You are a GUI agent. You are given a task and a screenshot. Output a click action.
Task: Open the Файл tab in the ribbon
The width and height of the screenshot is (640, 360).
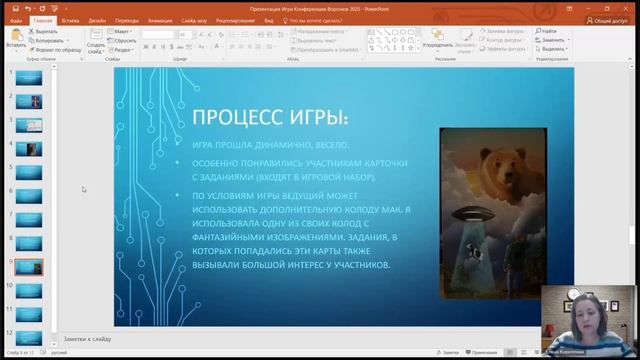pyautogui.click(x=16, y=20)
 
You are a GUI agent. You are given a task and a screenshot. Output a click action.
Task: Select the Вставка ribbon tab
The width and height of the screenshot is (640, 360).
pyautogui.click(x=71, y=20)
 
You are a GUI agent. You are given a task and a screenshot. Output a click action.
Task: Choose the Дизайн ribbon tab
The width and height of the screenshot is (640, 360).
pyautogui.click(x=97, y=20)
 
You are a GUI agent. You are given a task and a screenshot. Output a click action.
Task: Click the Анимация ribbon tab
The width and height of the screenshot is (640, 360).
pyautogui.click(x=159, y=20)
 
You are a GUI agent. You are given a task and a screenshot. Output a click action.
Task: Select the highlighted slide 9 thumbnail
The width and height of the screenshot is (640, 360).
pyautogui.click(x=29, y=266)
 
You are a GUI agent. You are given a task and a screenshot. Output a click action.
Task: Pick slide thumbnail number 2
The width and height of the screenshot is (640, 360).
pyautogui.click(x=29, y=102)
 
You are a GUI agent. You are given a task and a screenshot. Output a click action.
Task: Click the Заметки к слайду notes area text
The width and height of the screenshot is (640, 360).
pyautogui.click(x=88, y=339)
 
